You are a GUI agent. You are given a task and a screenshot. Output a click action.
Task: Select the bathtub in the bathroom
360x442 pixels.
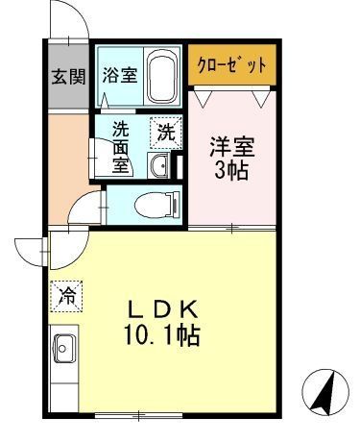coord(161,77)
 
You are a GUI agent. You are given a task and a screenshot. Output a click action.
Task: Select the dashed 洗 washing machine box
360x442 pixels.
coord(166,134)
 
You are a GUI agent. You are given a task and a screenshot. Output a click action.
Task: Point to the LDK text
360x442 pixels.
coord(164,310)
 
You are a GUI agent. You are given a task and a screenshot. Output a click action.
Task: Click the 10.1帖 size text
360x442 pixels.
coord(164,338)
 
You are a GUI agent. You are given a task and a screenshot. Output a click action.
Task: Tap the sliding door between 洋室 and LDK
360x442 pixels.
coord(232,229)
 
